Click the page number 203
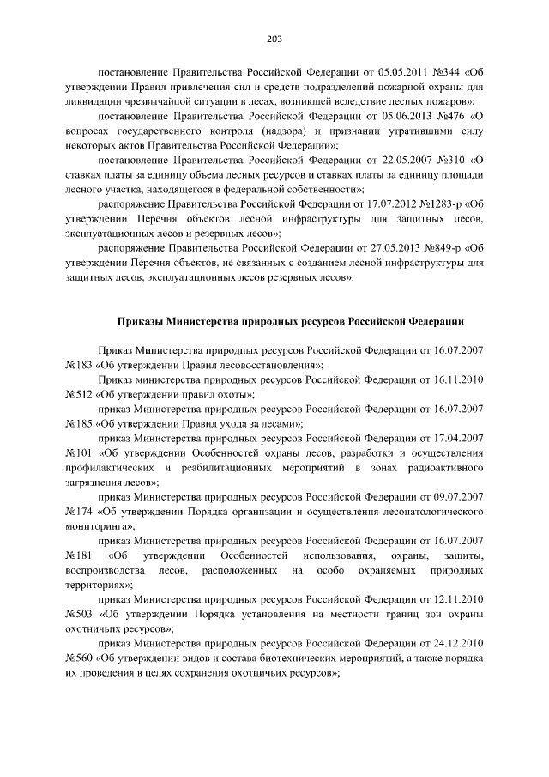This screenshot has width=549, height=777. pyautogui.click(x=274, y=38)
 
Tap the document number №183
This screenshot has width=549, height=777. pyautogui.click(x=79, y=365)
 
